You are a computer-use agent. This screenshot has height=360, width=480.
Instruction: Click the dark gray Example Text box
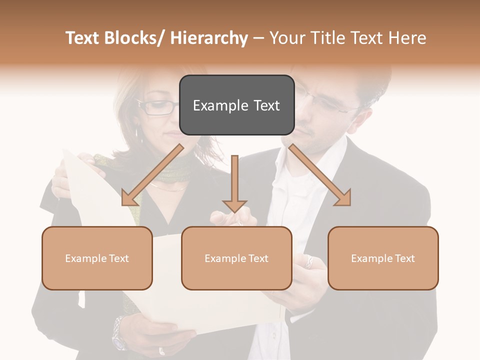pos(236,105)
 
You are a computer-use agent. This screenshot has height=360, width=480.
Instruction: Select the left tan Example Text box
pos(97,258)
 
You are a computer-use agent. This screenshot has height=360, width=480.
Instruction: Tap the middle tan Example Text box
pos(236,258)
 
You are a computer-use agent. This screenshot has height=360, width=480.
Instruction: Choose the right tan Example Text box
pos(383,258)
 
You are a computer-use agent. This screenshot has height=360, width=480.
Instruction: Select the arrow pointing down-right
pos(320,175)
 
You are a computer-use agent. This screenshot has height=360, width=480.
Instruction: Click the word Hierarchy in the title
pos(208,38)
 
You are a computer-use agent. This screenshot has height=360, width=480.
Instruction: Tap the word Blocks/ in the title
pos(133,38)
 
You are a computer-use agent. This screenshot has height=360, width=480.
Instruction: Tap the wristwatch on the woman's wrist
pos(118,332)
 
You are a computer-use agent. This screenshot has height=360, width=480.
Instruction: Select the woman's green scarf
pos(165,170)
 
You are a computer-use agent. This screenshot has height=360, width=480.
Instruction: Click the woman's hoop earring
pos(136,134)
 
